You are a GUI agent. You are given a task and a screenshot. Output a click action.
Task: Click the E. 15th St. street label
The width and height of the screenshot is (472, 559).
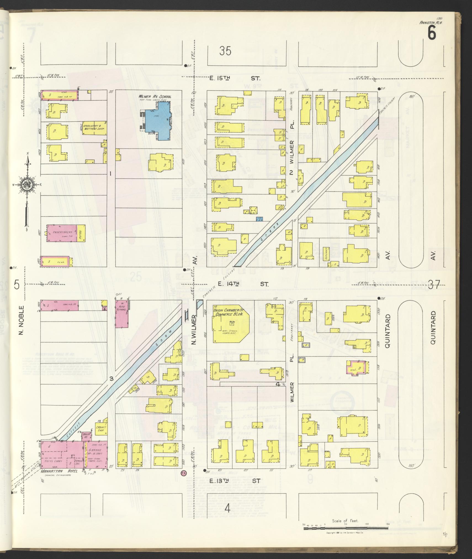(x=235, y=78)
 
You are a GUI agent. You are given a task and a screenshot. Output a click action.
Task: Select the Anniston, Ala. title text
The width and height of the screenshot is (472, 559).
(x=431, y=23)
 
